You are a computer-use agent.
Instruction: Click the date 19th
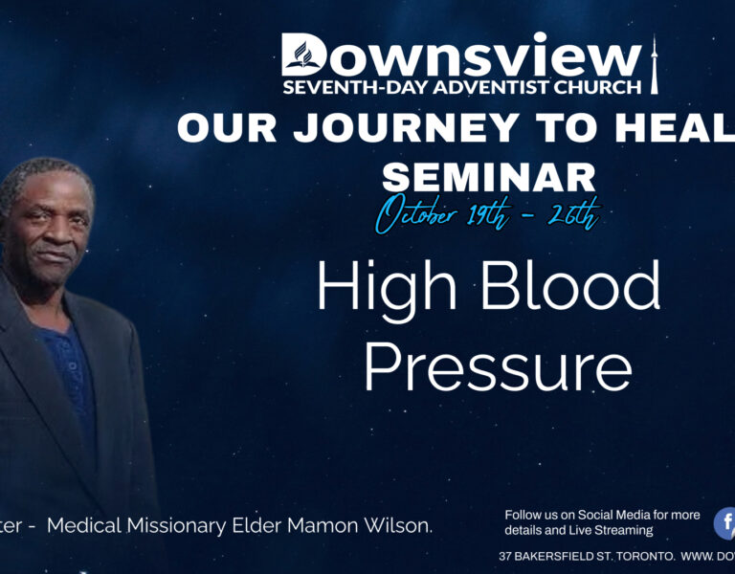point(489,215)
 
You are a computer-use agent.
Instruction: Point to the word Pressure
point(498,366)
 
